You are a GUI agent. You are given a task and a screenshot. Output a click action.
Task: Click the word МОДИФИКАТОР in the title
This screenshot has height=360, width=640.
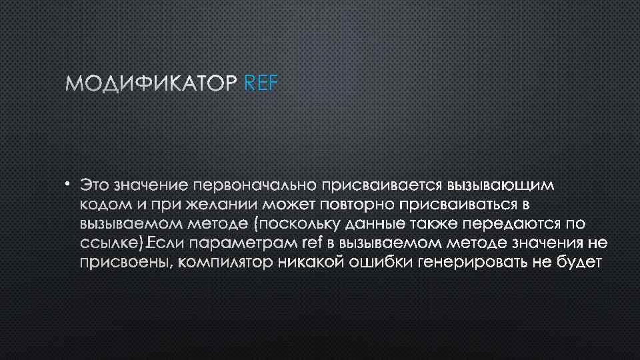[151, 83]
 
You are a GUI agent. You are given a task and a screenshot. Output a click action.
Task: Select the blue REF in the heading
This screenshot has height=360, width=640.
[263, 83]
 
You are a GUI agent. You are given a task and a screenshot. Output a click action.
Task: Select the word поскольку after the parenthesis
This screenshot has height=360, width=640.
[301, 223]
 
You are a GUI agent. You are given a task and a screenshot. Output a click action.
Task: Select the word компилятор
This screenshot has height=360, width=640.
[227, 263]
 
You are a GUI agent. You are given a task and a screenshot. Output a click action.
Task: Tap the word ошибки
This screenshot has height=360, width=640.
[382, 263]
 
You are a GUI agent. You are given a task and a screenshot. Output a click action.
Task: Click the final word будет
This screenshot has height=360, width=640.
[579, 263]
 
